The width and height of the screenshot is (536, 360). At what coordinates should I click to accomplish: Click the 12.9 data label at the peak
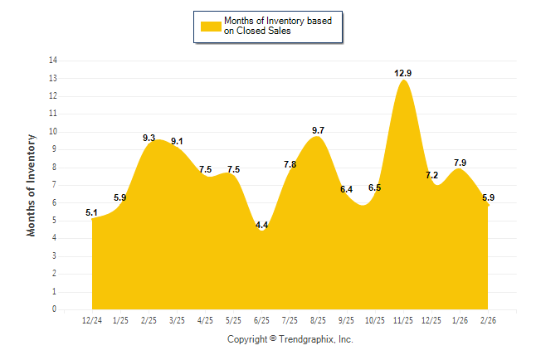click(403, 73)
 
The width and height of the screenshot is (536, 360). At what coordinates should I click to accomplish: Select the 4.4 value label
click(261, 225)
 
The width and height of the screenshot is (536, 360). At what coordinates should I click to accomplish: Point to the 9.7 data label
click(318, 130)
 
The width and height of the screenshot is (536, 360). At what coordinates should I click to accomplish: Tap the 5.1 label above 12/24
click(92, 212)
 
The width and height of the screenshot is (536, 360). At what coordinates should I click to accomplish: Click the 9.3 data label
click(149, 138)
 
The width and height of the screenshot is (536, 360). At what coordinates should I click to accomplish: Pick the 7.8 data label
click(290, 164)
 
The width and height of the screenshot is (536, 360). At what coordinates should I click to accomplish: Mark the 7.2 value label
click(431, 175)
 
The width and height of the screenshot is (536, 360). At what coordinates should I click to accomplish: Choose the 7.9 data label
click(460, 163)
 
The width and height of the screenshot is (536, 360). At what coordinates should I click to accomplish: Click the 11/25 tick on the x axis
click(403, 319)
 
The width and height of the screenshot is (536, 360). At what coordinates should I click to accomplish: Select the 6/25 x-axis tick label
click(261, 319)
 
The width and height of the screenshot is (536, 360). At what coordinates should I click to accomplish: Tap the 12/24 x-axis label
click(92, 319)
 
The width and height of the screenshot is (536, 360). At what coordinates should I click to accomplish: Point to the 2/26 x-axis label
click(488, 319)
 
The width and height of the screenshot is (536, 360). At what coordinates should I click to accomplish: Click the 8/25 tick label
click(318, 319)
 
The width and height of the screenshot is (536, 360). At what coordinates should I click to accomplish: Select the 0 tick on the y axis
click(55, 309)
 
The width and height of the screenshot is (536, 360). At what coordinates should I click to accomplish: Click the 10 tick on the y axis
click(52, 132)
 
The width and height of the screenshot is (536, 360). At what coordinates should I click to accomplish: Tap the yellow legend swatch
click(210, 26)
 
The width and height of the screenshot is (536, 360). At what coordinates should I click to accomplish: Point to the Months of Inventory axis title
click(32, 185)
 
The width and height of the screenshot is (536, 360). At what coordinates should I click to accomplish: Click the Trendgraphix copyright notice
click(290, 339)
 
